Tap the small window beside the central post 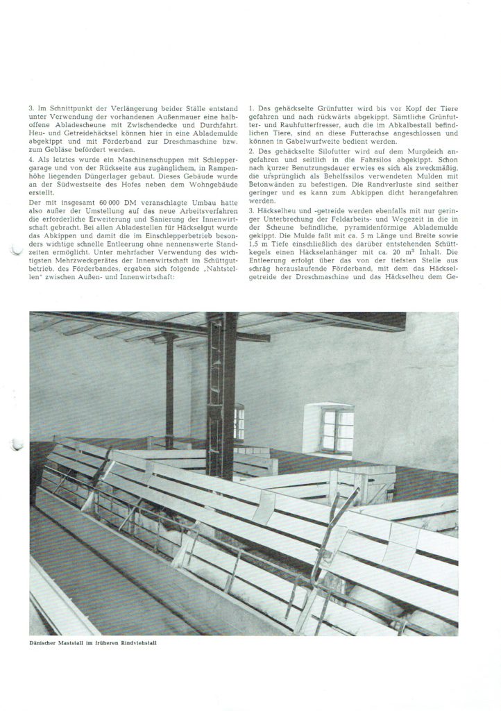(239, 423)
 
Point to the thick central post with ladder (222, 403)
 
